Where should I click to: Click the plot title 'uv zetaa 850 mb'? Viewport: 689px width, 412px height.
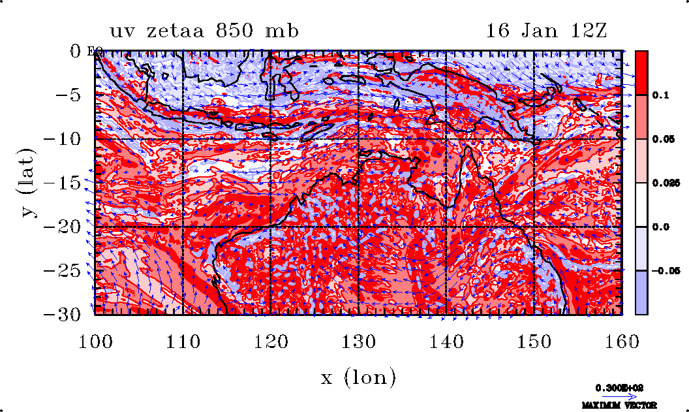tap(204, 31)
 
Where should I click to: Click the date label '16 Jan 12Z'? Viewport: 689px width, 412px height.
tap(547, 31)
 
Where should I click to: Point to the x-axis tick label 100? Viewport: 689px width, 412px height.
tap(95, 341)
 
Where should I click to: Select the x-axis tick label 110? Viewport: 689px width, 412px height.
tap(182, 341)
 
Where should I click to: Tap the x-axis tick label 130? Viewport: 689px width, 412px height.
tap(358, 341)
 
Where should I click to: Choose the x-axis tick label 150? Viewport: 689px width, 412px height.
tap(534, 341)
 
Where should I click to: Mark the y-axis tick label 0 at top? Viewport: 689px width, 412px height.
tap(77, 50)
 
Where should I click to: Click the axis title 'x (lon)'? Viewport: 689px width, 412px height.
tap(358, 377)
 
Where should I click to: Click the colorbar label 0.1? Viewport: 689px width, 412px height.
tap(662, 95)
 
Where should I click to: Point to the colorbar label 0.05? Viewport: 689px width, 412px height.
tap(664, 139)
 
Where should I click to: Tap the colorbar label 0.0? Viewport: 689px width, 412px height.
tap(662, 227)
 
